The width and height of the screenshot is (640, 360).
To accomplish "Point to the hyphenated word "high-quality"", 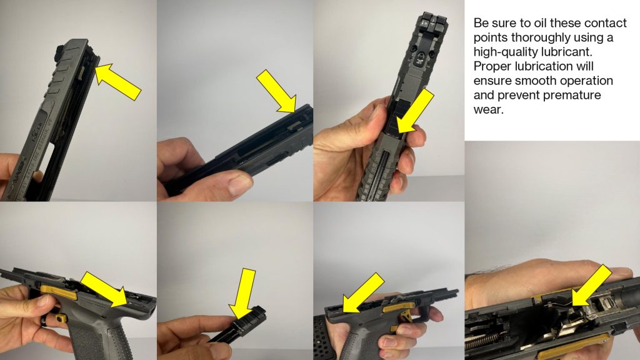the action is click(x=505, y=52).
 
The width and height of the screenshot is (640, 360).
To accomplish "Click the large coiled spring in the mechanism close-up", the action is click(x=484, y=341).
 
